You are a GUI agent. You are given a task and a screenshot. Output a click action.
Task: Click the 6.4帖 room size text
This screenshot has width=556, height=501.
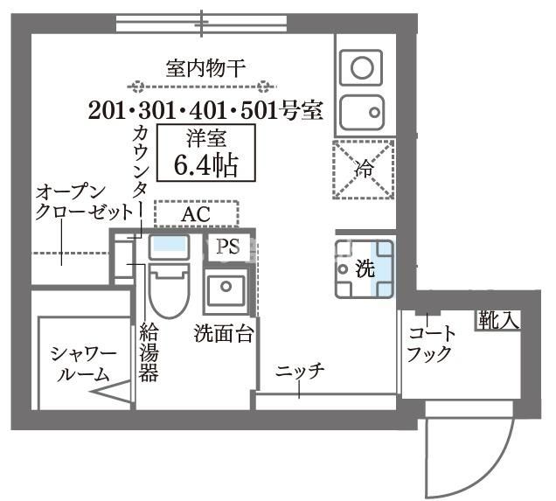tap(205, 165)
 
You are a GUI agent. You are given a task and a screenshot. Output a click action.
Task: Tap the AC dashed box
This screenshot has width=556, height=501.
tap(196, 213)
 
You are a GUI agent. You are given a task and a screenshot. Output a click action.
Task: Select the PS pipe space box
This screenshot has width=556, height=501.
tap(228, 247)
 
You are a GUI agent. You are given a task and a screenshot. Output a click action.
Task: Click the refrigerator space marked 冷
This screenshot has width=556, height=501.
tap(364, 170)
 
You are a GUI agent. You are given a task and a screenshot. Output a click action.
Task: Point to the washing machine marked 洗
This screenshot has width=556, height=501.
tap(365, 268)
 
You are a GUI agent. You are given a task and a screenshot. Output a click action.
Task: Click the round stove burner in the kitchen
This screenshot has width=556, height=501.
tap(362, 67)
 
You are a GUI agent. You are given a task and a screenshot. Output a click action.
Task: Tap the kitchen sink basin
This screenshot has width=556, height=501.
tap(362, 113)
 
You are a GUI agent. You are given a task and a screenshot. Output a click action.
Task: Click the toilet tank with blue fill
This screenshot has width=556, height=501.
tap(169, 247)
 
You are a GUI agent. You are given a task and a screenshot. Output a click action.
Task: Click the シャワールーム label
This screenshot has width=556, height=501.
tap(84, 364)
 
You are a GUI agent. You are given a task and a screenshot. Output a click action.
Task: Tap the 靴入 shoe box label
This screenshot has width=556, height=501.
tap(498, 320)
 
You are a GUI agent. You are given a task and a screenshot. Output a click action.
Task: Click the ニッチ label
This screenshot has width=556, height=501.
tap(300, 371)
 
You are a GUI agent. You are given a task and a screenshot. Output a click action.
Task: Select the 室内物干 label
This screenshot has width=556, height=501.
tap(206, 68)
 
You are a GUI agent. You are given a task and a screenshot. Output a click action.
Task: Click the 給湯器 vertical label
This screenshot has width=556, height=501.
tap(149, 352)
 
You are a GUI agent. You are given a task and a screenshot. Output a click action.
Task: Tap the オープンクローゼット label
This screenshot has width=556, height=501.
tap(84, 203)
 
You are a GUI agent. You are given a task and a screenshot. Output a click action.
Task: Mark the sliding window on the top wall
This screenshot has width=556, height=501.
tap(202, 24)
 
